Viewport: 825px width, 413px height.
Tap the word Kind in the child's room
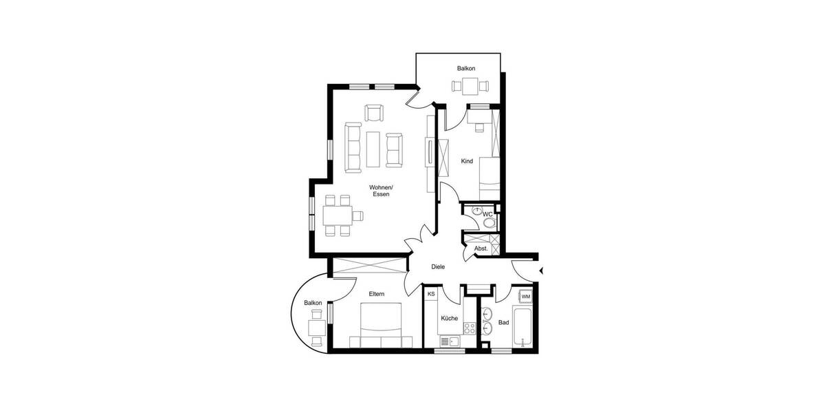pos(467,161)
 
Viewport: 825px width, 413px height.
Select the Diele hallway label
pos(438,266)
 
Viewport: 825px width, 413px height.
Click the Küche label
pos(450,318)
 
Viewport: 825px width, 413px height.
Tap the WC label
pos(487,214)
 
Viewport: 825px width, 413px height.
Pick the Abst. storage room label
pos(481,248)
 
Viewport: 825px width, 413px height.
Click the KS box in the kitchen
pos(431,295)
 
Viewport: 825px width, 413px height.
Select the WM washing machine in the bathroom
pos(525,297)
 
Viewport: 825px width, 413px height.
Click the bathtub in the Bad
pos(525,329)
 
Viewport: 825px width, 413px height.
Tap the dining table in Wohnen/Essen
pos(337,215)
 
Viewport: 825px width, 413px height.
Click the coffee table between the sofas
pos(374,149)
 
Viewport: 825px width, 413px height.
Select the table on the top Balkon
pos(470,86)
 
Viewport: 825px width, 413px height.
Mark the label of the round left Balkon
pos(313,303)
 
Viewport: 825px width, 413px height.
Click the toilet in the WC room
pos(489,223)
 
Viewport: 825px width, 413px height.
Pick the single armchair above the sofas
pos(373,112)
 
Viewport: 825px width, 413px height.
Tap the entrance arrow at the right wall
pos(542,270)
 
